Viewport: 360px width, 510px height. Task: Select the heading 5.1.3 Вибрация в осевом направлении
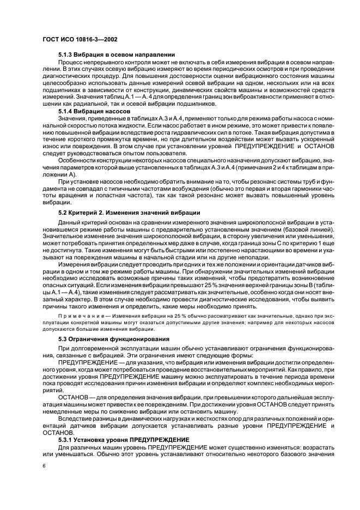point(116,55)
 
